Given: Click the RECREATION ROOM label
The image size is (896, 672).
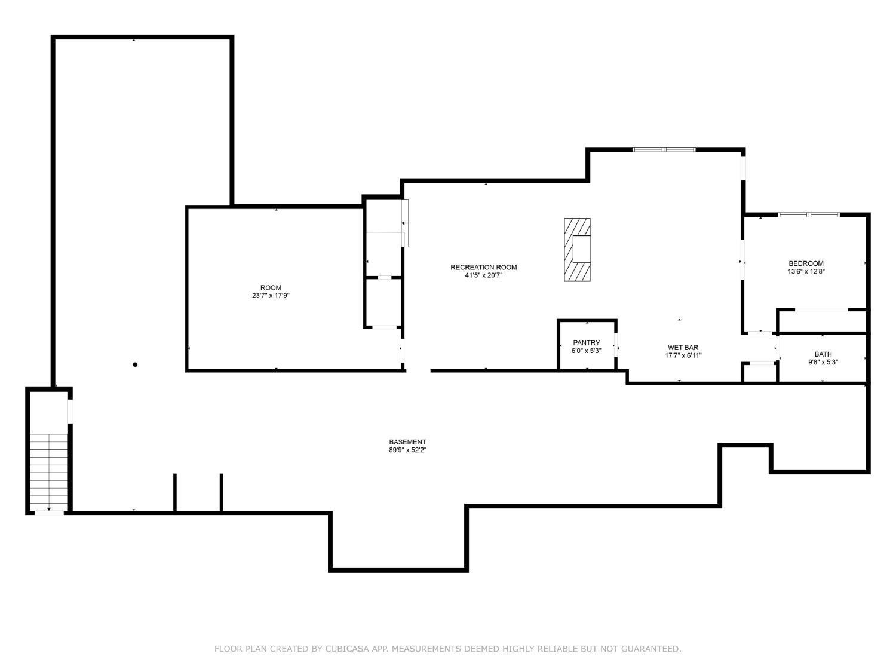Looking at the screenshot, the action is pos(483,267).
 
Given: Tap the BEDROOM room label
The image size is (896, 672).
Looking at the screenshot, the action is pos(806,263).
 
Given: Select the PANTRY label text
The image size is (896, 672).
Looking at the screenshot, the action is pos(586,343).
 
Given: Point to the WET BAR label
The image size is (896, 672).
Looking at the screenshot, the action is pos(683,348).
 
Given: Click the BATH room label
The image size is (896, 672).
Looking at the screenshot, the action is pos(823,354).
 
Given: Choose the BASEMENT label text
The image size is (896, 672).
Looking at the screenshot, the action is pos(407,442).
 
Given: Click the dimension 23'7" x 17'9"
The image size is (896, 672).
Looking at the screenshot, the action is pos(271,296).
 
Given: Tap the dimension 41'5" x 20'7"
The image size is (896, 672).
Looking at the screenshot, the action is pos(483,275).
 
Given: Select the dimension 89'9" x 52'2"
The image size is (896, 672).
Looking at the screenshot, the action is pos(407,450).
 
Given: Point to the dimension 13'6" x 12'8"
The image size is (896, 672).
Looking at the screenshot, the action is pos(806,271).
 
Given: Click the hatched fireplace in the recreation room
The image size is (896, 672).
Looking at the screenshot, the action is pos(577,250).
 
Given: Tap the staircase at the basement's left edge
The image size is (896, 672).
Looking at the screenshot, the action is pos(49,472).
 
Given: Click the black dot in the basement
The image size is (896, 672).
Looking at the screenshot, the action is pos(135,364).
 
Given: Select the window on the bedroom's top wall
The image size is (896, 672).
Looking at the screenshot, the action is pos(808,214).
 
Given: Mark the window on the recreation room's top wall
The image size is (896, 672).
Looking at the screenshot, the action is pos(664,149).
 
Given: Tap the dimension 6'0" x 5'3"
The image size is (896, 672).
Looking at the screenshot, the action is pos(586,351).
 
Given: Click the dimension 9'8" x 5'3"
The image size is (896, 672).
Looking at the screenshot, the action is pos(823,362).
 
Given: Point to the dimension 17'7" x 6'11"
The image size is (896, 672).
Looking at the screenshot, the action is pos(683,355).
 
